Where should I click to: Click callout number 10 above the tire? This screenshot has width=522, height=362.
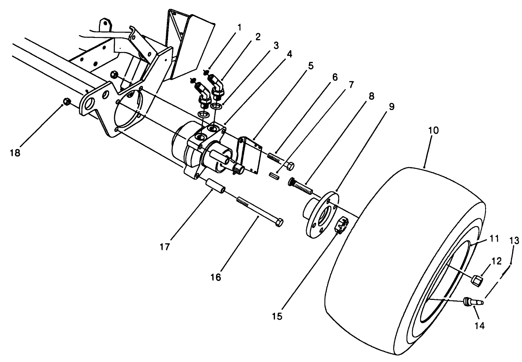click(x=433, y=131)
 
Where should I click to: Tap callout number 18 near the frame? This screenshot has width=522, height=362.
click(x=15, y=153)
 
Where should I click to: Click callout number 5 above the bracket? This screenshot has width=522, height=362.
click(x=310, y=66)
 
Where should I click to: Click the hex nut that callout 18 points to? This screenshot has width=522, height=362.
click(x=66, y=102)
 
